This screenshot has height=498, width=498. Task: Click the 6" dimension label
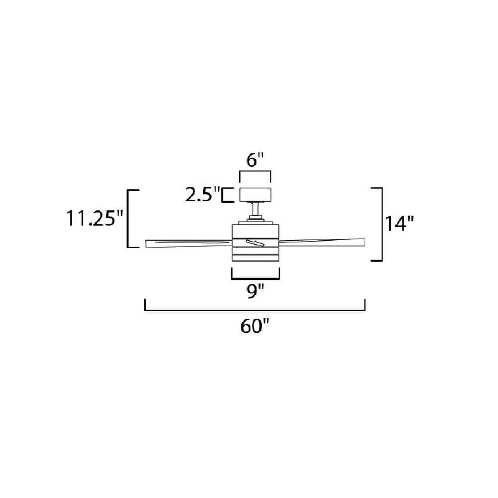(x=255, y=160)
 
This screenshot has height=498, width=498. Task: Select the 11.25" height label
(x=94, y=218)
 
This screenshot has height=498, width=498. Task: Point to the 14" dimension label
(x=399, y=223)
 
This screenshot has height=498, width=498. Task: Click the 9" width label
(x=255, y=291)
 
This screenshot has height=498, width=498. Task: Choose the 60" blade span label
(x=254, y=326)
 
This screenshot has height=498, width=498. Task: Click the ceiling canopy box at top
(x=255, y=195)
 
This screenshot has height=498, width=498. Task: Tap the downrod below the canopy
(x=255, y=209)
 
